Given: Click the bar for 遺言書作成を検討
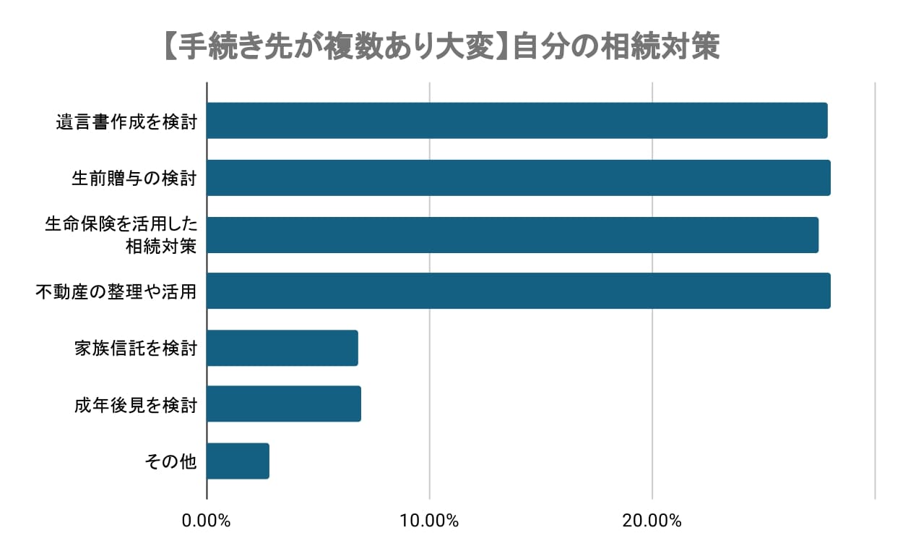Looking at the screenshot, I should point(517,121).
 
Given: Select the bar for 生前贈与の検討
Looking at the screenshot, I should point(518,178).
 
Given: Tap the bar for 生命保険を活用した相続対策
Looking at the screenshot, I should point(512,234).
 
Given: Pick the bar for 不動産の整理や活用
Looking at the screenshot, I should point(518,291).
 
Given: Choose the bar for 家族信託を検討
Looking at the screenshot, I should point(282,348).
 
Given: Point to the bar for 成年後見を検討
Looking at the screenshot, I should point(284,404).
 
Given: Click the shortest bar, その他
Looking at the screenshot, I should point(238,461).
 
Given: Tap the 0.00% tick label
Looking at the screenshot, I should point(207,521).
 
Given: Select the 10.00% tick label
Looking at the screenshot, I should point(430,521).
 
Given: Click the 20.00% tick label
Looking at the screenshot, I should point(652,521).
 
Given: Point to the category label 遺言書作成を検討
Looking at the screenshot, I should point(126,121).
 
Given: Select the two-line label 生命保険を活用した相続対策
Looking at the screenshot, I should point(121,235).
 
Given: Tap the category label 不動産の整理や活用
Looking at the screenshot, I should point(116,291).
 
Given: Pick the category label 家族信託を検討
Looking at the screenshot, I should point(135,348).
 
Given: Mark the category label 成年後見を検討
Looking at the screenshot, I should point(135,404).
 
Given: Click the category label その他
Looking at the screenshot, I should point(170,461).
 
